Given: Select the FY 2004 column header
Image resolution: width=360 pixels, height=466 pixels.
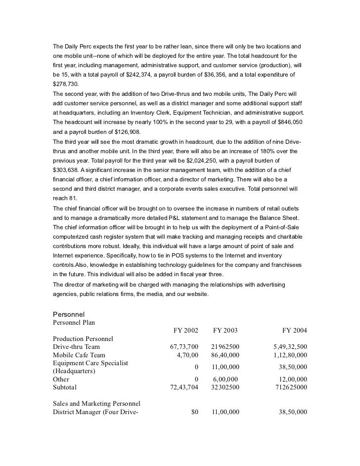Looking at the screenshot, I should click(294, 330).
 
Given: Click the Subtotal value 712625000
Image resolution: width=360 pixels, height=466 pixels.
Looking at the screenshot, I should click(291, 387).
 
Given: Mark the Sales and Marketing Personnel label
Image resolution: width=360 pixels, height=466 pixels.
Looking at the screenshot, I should click(96, 404).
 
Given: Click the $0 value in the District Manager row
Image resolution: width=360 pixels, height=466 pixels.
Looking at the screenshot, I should click(194, 412).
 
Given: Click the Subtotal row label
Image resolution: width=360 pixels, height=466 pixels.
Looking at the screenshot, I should click(65, 387).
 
